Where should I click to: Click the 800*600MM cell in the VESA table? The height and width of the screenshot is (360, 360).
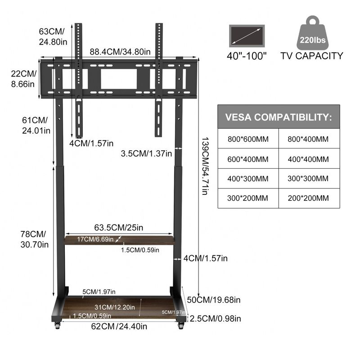[x=248, y=139]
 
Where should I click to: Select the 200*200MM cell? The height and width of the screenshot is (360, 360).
[x=309, y=198]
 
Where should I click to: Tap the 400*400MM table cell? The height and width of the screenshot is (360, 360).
[x=309, y=159]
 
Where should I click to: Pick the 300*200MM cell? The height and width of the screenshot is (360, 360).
[x=248, y=198]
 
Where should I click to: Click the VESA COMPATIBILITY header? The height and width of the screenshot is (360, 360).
[x=279, y=117]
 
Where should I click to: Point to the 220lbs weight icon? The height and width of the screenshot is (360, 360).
[x=312, y=33]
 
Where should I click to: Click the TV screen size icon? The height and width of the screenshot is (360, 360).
[x=247, y=36]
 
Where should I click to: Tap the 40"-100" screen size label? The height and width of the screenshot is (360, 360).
[x=247, y=56]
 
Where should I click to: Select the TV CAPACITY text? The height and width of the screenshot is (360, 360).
[x=312, y=56]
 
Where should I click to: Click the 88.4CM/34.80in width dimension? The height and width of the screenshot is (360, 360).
[x=120, y=52]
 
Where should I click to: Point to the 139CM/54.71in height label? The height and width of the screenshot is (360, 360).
[x=205, y=166]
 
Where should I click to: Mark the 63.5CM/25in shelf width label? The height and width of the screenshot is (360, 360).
[x=118, y=228]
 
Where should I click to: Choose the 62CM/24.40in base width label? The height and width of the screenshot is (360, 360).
[x=119, y=326]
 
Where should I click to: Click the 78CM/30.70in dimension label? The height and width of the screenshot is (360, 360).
[x=35, y=239]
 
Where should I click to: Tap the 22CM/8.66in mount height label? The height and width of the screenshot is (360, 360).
[x=24, y=79]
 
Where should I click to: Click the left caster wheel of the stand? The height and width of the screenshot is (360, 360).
[x=58, y=325]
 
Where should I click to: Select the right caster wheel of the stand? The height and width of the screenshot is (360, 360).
[x=181, y=325]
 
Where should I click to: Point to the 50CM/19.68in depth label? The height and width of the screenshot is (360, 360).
[x=214, y=300]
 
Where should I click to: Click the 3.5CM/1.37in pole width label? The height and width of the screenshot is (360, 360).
[x=147, y=153]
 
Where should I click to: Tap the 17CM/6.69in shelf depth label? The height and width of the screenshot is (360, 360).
[x=95, y=239]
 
